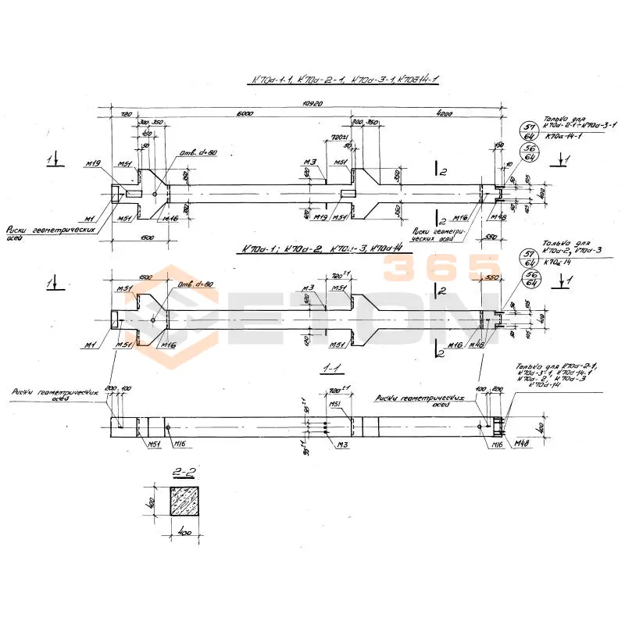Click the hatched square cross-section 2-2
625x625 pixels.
(x=186, y=502)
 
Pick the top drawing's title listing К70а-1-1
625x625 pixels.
(x=343, y=80)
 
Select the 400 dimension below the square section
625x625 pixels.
(x=185, y=534)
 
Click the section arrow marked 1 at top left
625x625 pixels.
(x=52, y=159)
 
